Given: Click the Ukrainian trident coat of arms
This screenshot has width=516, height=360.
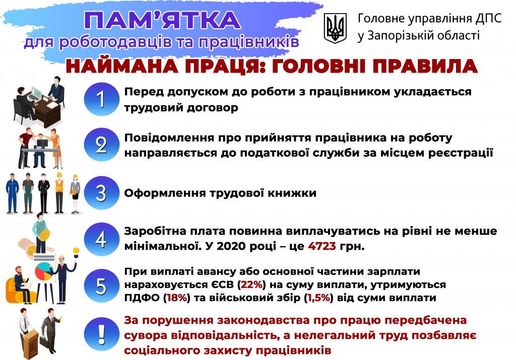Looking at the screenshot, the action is [x=335, y=28].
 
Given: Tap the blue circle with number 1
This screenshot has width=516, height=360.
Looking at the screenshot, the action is [x=101, y=99].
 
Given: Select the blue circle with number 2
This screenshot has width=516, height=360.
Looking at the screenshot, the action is [x=101, y=145].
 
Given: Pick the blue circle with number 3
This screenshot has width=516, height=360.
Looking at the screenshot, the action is [x=101, y=193].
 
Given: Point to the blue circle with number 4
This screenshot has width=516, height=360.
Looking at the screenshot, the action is [x=101, y=239].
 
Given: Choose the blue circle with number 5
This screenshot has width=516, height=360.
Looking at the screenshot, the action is [x=101, y=285].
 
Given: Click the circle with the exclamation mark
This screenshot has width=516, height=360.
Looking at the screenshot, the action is [x=101, y=334].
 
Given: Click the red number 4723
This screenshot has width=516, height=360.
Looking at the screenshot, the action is [x=322, y=246].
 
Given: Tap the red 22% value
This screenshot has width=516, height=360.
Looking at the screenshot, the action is [x=251, y=284].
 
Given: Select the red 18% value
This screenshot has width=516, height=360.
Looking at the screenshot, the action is [x=177, y=298].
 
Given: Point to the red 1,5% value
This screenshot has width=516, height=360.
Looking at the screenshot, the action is [x=318, y=298].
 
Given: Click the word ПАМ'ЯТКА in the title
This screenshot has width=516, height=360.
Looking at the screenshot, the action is [x=162, y=20].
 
